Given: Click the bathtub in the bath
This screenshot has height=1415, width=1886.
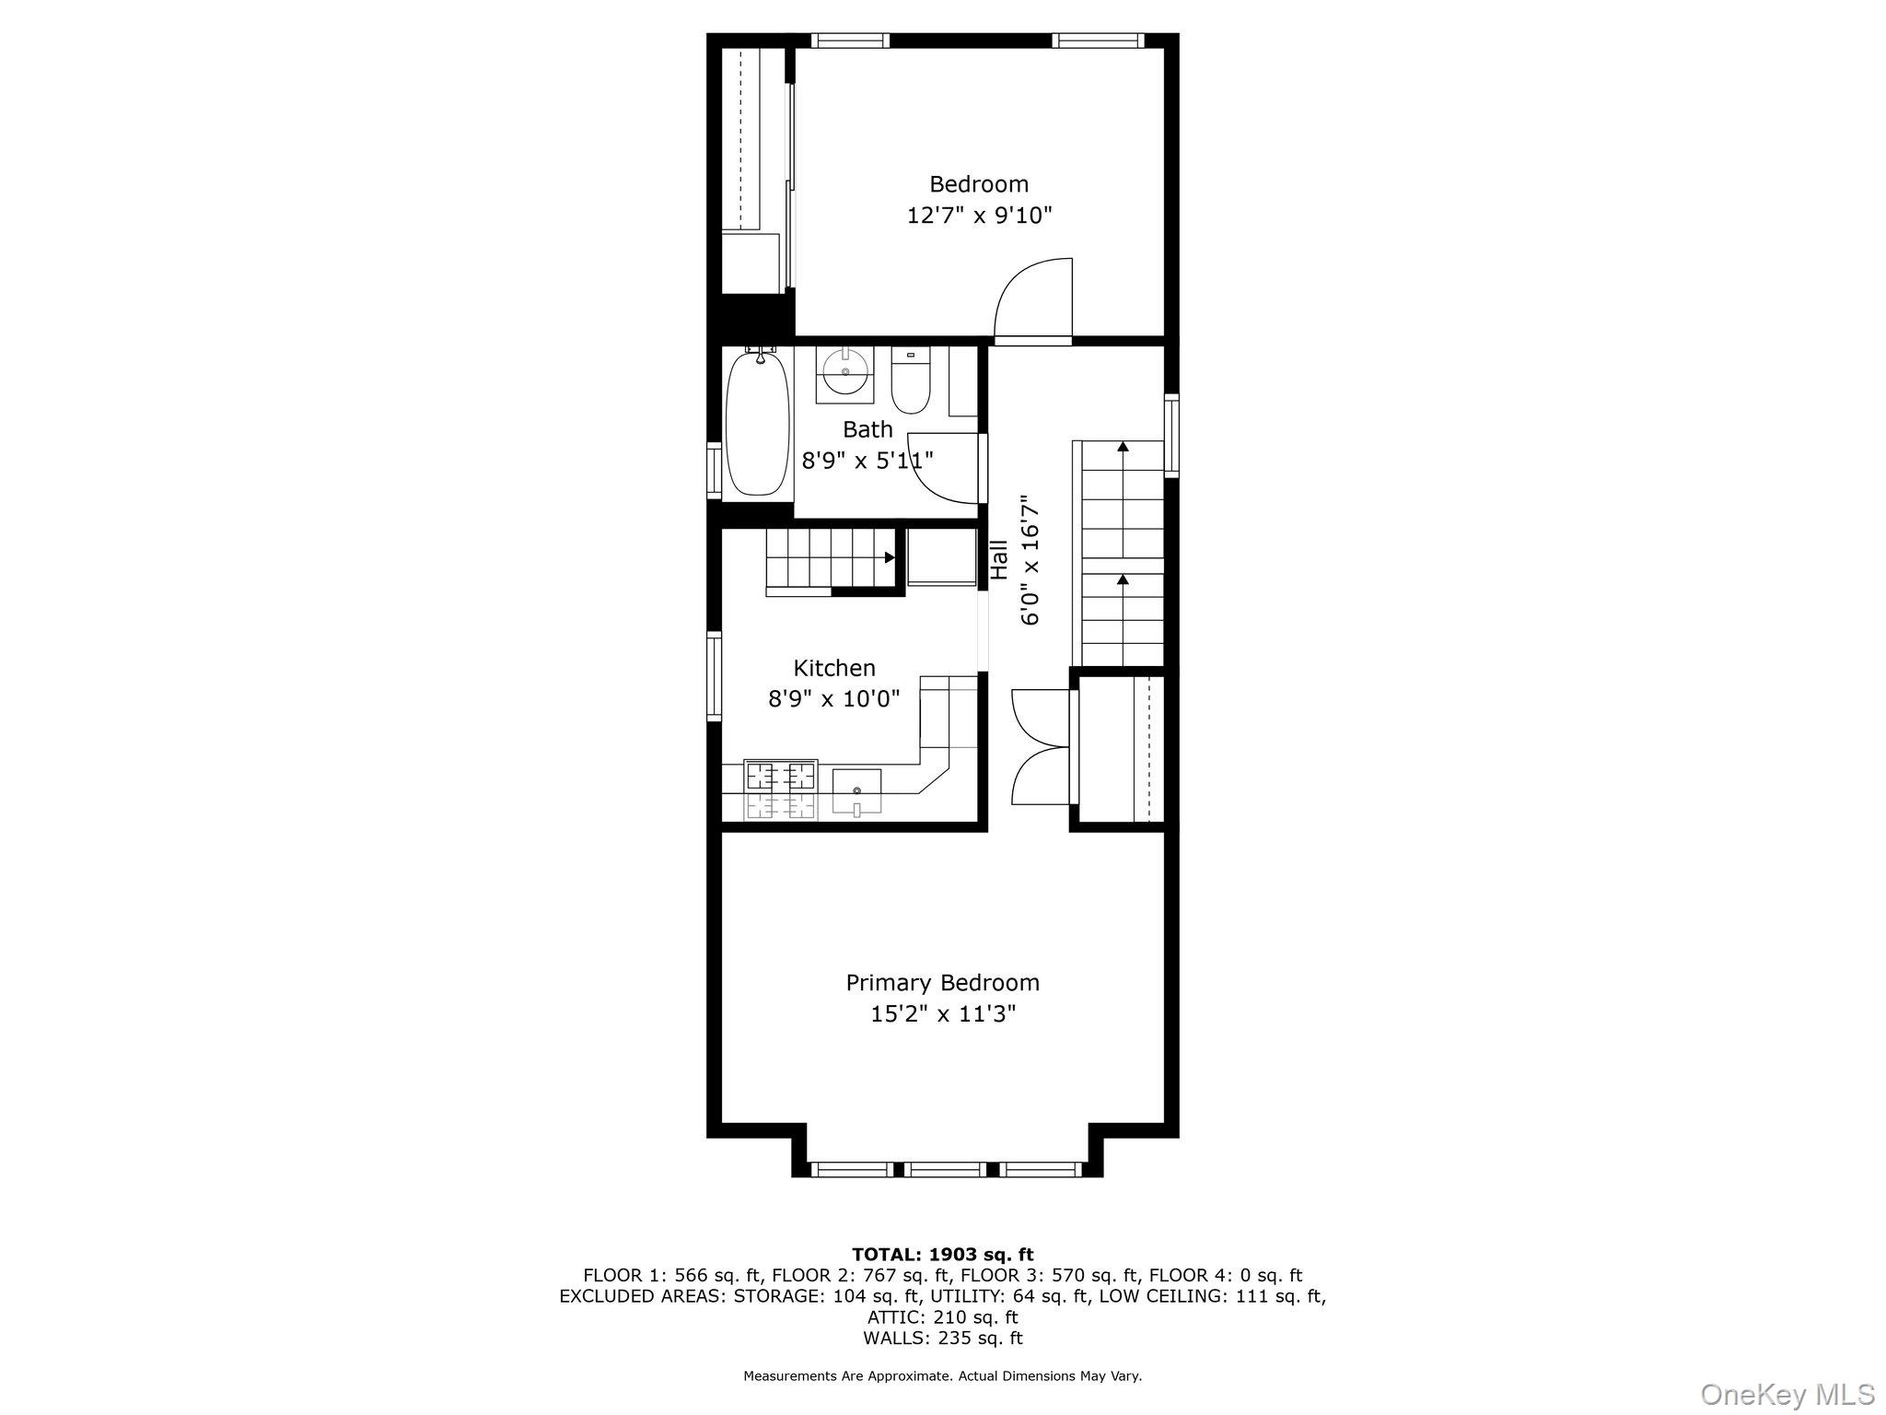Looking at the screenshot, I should (x=758, y=425).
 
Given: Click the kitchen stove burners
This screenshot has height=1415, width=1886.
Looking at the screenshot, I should (x=781, y=776).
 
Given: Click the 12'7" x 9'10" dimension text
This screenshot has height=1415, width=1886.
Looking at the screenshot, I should (x=979, y=216).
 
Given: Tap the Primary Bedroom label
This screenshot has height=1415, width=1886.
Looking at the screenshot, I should (x=942, y=983).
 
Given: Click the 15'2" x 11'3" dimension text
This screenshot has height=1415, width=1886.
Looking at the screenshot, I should (x=942, y=1014).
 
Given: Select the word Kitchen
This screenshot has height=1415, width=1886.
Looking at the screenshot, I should (x=834, y=668).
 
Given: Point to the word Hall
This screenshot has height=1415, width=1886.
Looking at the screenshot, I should (x=999, y=560).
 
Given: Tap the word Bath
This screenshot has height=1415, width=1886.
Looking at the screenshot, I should (x=867, y=429).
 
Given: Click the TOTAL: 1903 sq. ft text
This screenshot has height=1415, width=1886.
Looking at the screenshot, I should (x=942, y=1255).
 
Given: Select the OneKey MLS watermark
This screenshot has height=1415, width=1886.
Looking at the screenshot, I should (x=1787, y=1394).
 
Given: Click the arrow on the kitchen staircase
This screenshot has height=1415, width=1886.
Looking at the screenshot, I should (x=889, y=557).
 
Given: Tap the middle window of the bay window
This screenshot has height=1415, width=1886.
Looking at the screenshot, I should (x=946, y=1170).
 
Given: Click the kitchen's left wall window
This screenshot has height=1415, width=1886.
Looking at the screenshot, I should (x=714, y=675).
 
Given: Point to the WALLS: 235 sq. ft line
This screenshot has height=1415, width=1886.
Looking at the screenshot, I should (x=942, y=1339).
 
